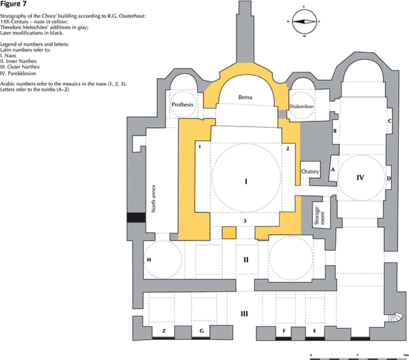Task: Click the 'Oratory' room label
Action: (309, 172)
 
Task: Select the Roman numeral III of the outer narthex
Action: (244, 313)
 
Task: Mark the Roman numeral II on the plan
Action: (245, 260)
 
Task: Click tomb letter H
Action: (149, 260)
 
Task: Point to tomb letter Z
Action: (164, 331)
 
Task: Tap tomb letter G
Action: (202, 331)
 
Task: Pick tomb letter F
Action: (284, 331)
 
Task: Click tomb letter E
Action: (314, 331)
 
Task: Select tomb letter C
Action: (389, 120)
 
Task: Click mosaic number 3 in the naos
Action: (245, 221)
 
